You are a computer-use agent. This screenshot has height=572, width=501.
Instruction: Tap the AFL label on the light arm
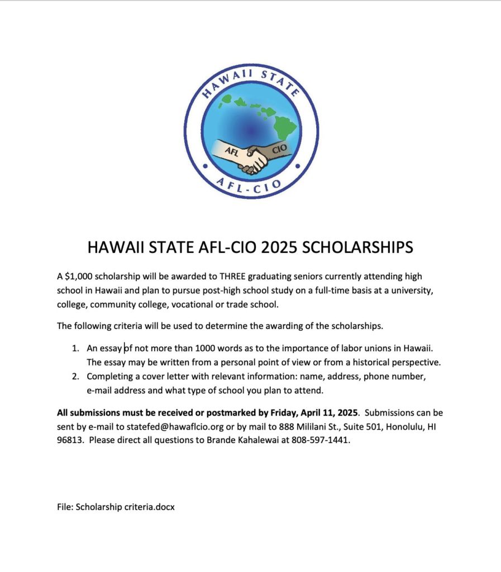click(x=232, y=151)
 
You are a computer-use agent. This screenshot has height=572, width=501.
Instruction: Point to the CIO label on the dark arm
click(x=279, y=149)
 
